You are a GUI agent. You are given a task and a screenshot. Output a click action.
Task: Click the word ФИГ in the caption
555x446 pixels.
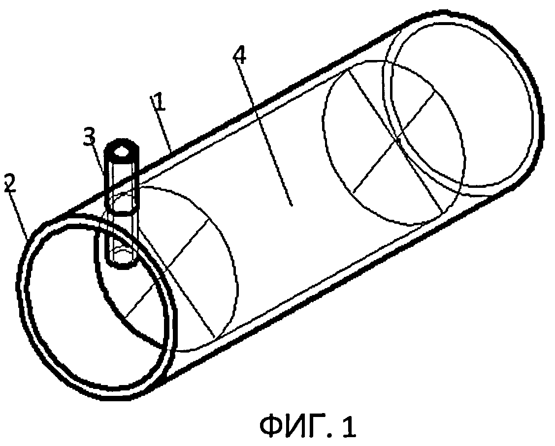pos(293,425)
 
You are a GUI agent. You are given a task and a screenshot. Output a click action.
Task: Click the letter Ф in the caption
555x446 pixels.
pos(273,425)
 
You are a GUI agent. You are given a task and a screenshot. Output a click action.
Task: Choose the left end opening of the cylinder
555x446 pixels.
pos(94,305)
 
